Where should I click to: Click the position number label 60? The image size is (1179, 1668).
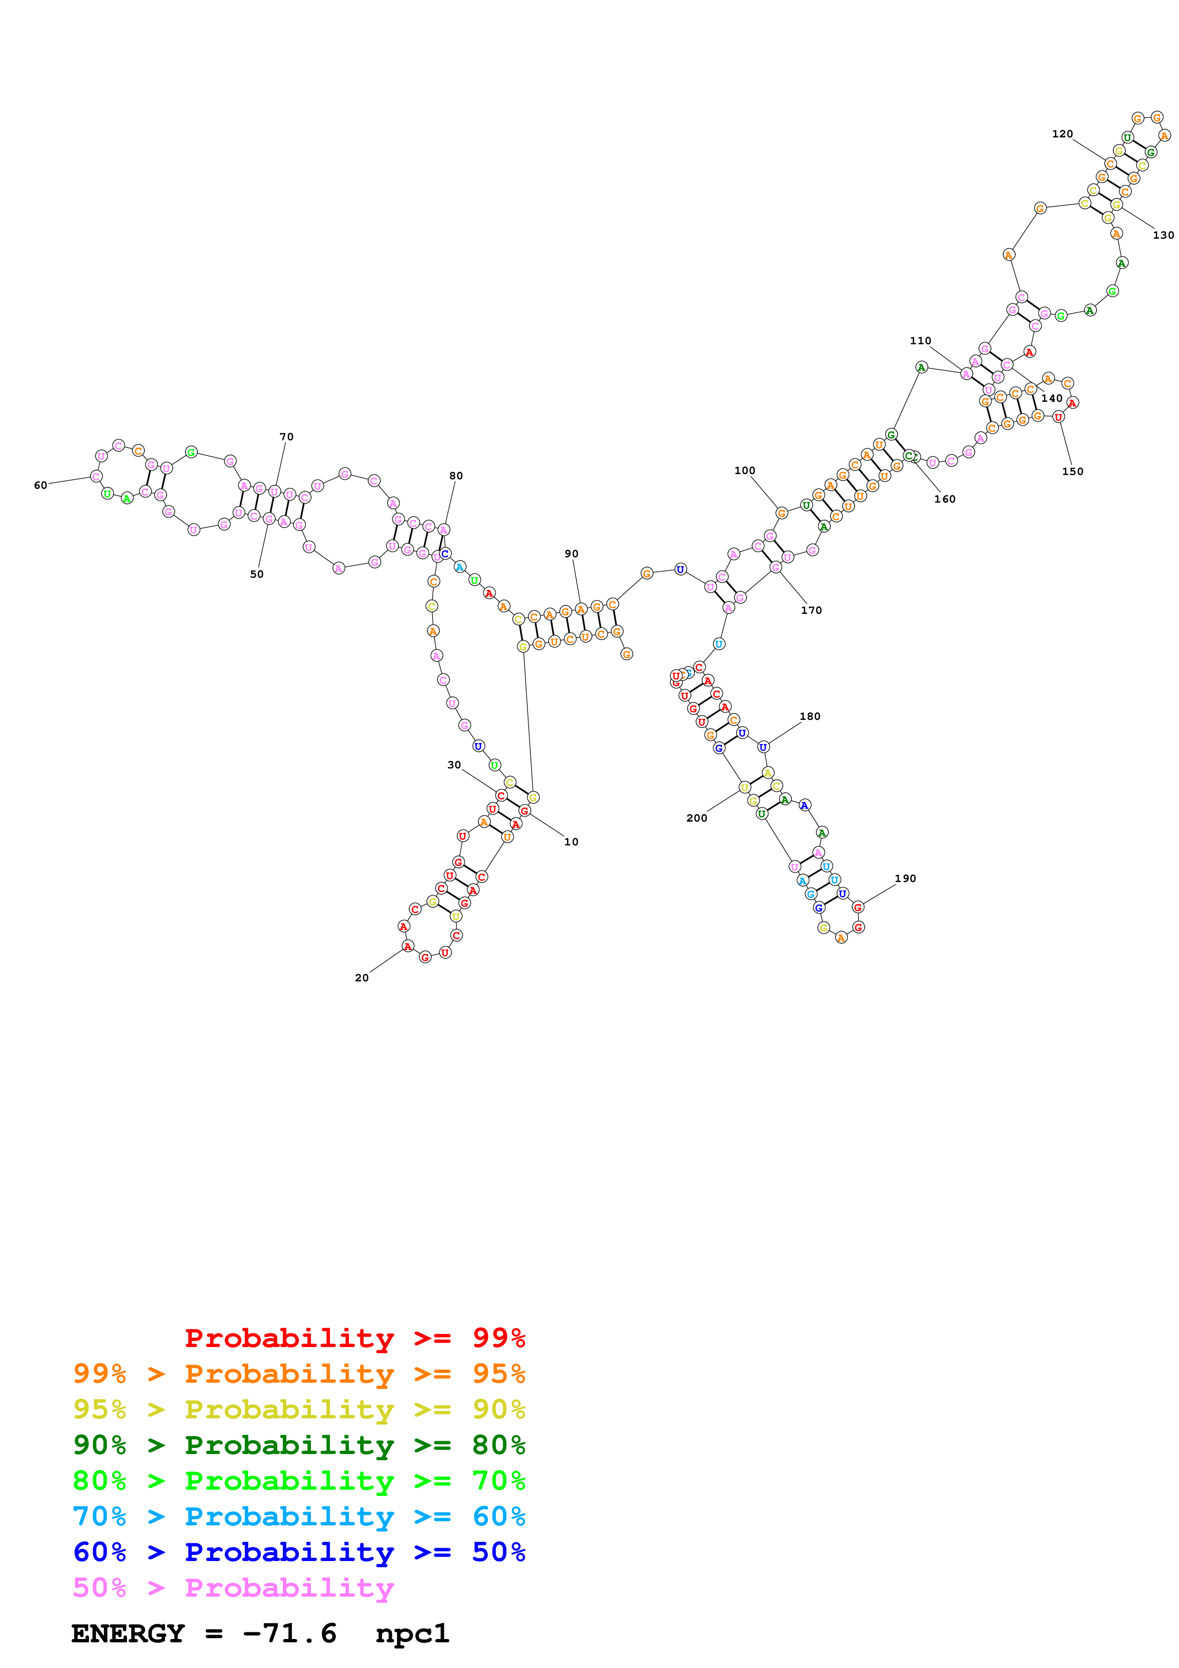tap(41, 485)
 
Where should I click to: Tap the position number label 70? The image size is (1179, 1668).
tap(287, 436)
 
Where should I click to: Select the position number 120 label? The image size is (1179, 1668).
tap(1062, 134)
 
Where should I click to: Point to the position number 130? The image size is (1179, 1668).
tap(1163, 235)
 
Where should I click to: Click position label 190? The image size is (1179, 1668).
tap(905, 878)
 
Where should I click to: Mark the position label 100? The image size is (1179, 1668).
tap(745, 471)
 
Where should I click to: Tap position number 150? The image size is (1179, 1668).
tap(1072, 472)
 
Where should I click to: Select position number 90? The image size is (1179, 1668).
tap(572, 553)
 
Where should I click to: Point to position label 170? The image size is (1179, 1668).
tap(811, 610)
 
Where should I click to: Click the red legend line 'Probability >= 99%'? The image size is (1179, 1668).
tap(354, 1338)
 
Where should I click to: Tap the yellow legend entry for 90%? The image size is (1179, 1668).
tap(299, 1409)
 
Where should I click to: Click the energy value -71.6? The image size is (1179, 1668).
tap(290, 1634)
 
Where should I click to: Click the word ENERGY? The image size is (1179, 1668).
tap(128, 1634)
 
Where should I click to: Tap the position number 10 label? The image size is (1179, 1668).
tap(572, 842)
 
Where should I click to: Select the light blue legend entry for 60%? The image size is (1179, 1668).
tap(299, 1517)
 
